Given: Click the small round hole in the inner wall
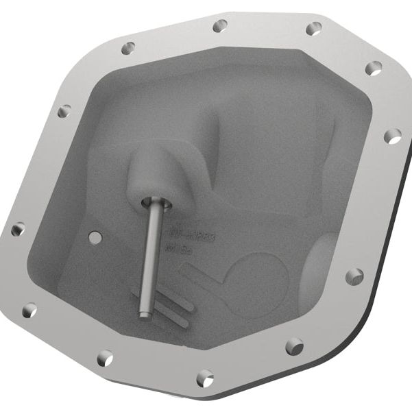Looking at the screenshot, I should point(96,237).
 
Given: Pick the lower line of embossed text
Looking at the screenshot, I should point(179,250).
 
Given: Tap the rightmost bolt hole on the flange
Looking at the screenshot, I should point(392,136).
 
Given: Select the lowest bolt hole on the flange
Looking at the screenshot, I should point(204,377).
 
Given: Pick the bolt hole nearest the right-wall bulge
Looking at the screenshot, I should point(354,276).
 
